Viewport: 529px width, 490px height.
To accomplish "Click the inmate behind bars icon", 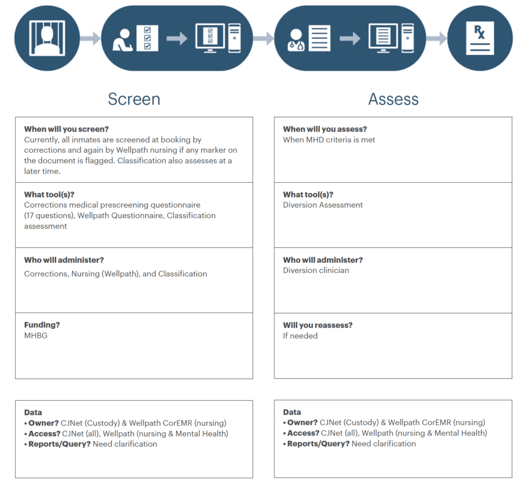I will click(x=47, y=38).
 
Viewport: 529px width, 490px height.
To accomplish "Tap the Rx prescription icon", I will click(x=480, y=39).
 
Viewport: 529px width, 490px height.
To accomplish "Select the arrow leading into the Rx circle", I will click(x=437, y=38).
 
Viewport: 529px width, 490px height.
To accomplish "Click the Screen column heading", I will click(x=134, y=99).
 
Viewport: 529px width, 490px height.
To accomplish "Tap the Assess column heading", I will click(x=393, y=99).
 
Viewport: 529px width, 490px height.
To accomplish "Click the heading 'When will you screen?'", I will click(x=67, y=129).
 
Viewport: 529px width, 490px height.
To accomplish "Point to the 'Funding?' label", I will click(x=42, y=325).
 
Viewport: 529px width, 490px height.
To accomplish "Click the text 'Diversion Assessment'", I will click(x=323, y=205).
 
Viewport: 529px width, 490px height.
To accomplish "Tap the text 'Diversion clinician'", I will click(x=316, y=270).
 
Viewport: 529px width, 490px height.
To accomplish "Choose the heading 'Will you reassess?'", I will click(x=318, y=325).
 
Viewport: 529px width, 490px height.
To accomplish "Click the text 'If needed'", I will click(x=300, y=336).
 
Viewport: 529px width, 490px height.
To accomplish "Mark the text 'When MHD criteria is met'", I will click(x=329, y=139).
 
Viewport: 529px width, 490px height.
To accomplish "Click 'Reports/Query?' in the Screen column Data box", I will click(x=59, y=444).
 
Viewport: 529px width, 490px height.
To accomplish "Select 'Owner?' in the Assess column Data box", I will click(x=302, y=422).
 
